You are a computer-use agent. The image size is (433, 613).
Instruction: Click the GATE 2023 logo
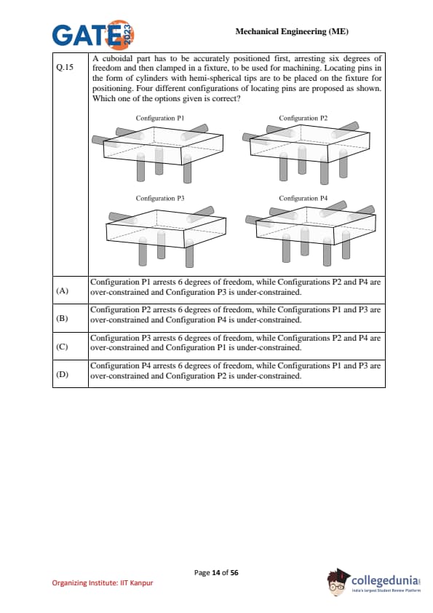click(x=93, y=35)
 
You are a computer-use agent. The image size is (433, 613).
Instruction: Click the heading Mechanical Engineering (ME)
click(x=292, y=31)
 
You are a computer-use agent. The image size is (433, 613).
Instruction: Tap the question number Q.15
click(x=65, y=67)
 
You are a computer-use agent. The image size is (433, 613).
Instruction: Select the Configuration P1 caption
click(x=160, y=118)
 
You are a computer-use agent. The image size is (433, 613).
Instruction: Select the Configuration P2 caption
click(x=303, y=118)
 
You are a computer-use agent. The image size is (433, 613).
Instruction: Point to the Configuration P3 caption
click(x=160, y=198)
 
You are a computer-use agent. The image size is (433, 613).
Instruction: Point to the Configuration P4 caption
click(x=303, y=198)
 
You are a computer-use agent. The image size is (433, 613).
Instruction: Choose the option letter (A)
click(x=62, y=290)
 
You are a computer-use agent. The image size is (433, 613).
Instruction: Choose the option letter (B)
click(x=62, y=318)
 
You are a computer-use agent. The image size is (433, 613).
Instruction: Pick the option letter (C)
click(x=62, y=347)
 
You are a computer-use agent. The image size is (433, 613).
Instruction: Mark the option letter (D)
click(x=62, y=374)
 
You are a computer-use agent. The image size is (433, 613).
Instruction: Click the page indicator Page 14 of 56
click(x=216, y=573)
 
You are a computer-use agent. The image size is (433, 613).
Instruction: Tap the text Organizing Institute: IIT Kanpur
click(x=103, y=583)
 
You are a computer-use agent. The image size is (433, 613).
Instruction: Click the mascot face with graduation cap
click(x=338, y=582)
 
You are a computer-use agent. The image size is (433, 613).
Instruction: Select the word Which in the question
click(x=102, y=98)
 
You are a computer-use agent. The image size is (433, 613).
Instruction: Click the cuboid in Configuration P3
click(x=166, y=229)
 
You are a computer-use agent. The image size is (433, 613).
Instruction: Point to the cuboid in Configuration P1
click(x=163, y=146)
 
